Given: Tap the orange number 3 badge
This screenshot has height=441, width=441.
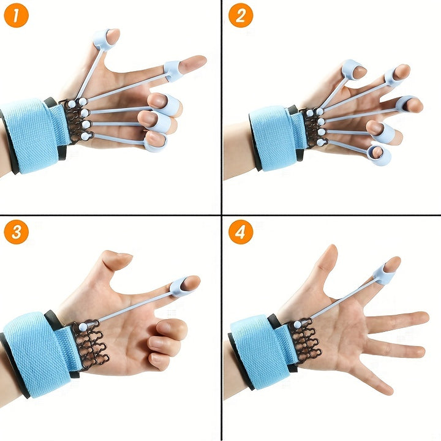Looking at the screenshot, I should coord(16,232).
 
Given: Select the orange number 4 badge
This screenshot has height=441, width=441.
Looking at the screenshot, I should coord(241,232).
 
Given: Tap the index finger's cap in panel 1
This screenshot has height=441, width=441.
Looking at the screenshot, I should coord(173,70).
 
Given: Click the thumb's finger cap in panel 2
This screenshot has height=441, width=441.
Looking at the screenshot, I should coord(353,70).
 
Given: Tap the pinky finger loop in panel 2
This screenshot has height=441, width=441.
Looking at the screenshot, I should coord(380,155).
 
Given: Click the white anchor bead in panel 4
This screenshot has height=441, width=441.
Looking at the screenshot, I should coord(297,324).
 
